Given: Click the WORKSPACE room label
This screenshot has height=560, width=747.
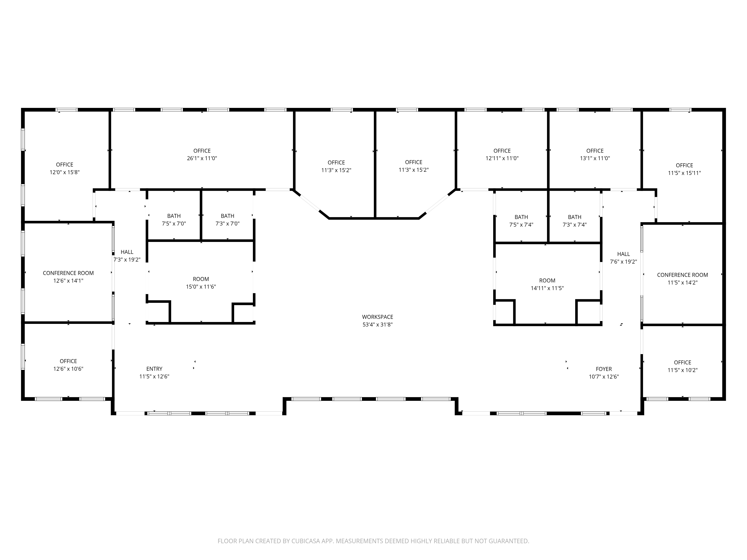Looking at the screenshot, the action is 378,317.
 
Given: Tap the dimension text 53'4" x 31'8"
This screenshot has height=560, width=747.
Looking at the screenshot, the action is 378,325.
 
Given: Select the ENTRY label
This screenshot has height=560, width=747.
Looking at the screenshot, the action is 154,369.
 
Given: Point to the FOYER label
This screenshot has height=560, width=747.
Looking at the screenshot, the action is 604,369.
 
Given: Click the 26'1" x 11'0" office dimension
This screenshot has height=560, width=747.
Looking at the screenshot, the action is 202,158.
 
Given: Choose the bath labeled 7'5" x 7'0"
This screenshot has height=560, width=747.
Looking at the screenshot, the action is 174,220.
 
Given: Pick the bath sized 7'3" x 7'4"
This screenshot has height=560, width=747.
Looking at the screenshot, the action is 575,221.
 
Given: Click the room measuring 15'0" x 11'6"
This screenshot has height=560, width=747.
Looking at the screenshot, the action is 201,283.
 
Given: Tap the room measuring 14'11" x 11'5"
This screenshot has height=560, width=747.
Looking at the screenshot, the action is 547,284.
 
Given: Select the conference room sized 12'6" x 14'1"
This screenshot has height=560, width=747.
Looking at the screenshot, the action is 68,277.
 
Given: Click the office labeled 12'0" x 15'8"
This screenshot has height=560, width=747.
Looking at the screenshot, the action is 64,168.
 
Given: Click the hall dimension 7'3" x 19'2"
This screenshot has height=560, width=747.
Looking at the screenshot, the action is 127,260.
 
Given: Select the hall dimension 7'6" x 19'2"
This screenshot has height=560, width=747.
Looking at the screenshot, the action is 623,262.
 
